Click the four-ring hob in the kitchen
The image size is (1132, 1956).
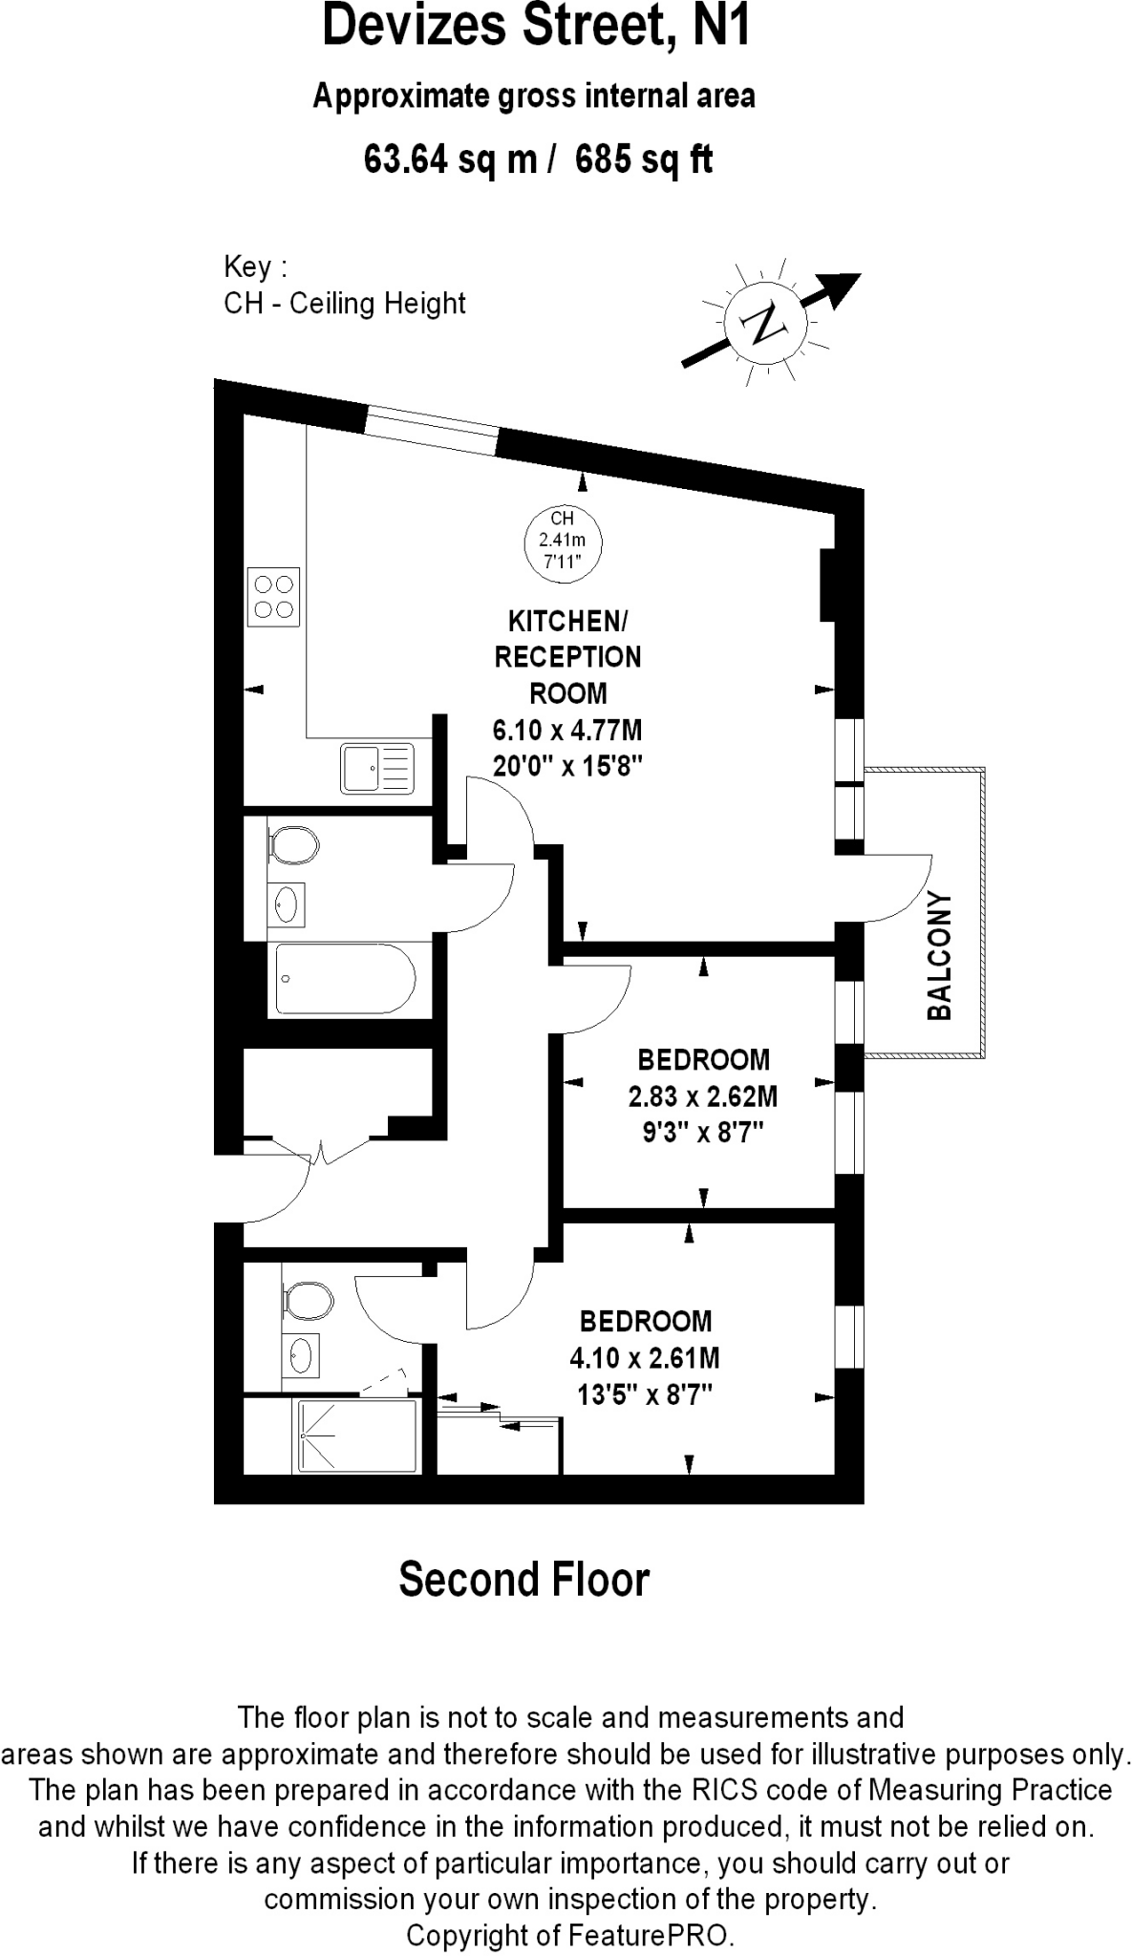click(273, 597)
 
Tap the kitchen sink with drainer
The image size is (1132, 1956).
click(377, 768)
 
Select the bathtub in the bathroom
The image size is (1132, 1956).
click(346, 979)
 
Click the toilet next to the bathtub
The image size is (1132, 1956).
click(293, 844)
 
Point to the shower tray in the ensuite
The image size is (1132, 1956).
click(357, 1435)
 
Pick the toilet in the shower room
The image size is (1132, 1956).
click(308, 1301)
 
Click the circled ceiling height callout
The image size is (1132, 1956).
click(563, 541)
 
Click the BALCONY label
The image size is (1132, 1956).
click(941, 955)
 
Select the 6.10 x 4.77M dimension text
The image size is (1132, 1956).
click(567, 731)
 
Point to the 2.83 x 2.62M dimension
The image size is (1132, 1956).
click(703, 1096)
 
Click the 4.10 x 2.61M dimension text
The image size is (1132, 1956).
click(645, 1358)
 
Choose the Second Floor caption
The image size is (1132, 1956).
click(523, 1581)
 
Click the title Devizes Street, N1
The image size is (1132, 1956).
click(536, 27)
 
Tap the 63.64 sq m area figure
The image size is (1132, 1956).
click(451, 159)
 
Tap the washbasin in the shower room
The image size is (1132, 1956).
click(301, 1354)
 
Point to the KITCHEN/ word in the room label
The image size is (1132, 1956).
click(567, 622)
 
